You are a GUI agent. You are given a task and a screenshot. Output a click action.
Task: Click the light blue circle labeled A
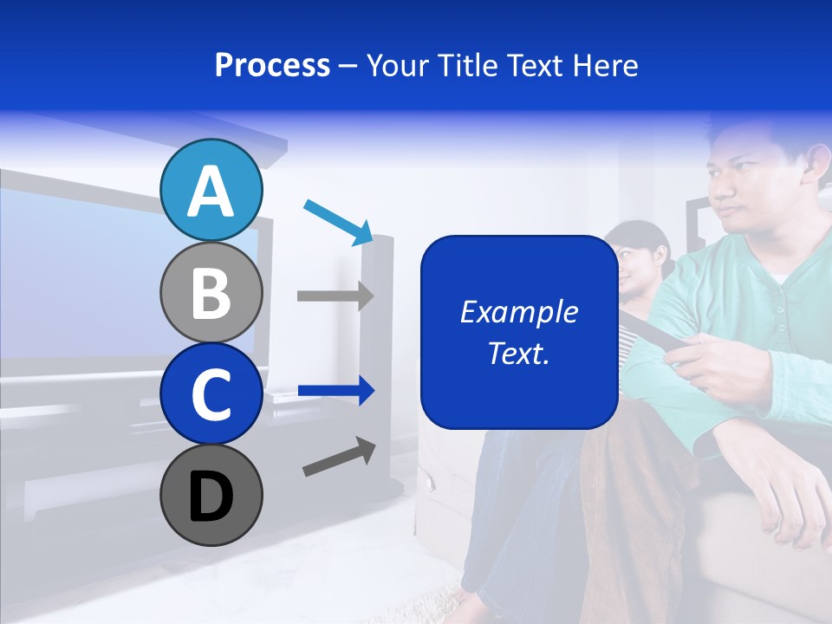211,190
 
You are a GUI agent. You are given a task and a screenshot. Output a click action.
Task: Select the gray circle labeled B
211,292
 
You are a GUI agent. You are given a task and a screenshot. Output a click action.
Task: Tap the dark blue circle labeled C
211,393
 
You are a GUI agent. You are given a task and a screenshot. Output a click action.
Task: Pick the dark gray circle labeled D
211,495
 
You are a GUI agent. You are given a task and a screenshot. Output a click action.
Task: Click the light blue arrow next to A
339,221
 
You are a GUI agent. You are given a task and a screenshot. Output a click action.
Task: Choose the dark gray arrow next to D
339,457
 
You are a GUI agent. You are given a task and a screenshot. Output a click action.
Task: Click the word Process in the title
272,65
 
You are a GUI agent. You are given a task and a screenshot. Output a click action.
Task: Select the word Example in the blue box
518,312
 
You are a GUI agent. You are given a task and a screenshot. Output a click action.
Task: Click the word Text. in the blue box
518,353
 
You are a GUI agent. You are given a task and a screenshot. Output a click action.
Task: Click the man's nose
721,193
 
